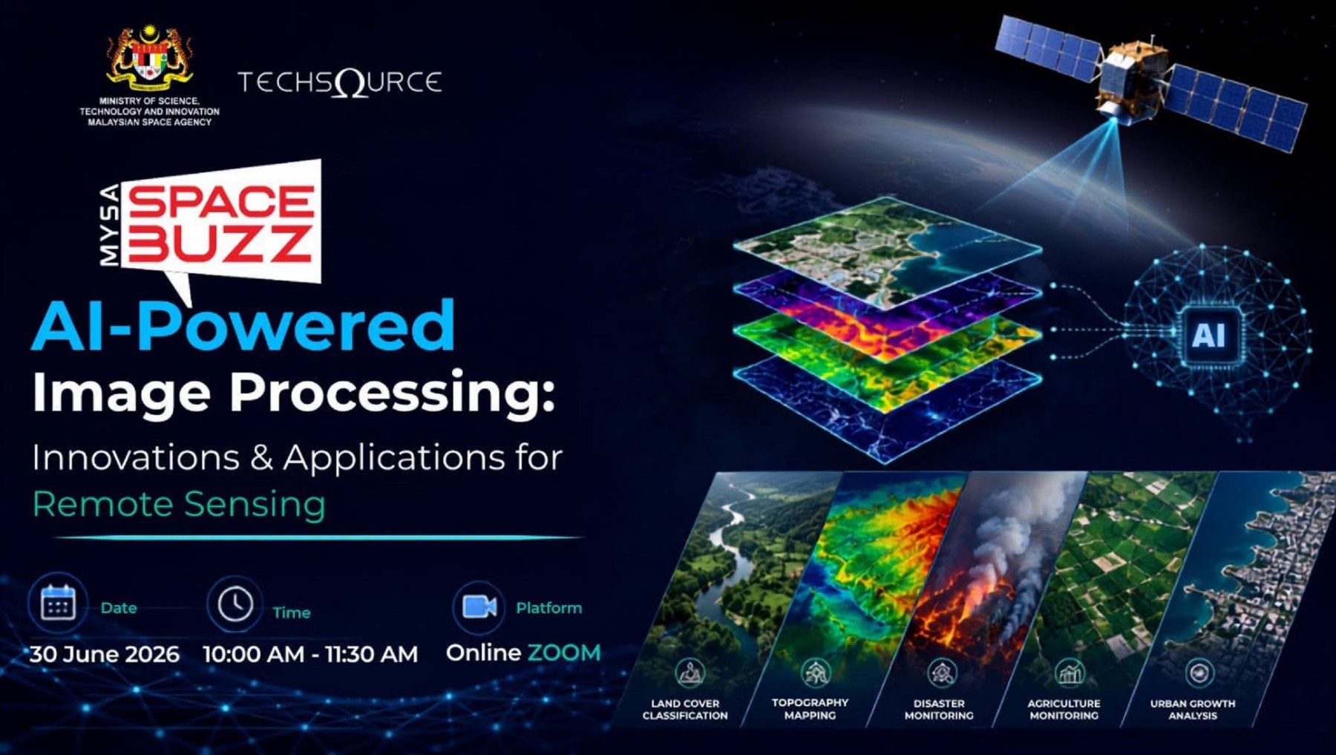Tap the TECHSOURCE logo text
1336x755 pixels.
(x=340, y=82)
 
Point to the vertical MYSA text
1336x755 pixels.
(x=109, y=225)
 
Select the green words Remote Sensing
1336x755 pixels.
(x=179, y=504)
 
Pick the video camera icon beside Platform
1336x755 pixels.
(x=479, y=607)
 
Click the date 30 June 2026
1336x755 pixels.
(x=105, y=654)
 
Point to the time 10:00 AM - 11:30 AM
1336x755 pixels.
(x=310, y=654)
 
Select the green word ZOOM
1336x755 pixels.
(x=564, y=653)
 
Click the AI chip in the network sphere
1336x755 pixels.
(x=1209, y=336)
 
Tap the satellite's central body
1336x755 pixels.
(x=1130, y=78)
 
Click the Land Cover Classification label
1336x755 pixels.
(x=685, y=709)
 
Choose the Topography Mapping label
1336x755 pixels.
(x=810, y=708)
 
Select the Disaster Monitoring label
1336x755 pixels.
(x=939, y=709)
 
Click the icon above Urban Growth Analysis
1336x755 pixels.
(x=1199, y=673)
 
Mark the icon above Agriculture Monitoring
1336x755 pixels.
(x=1070, y=673)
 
